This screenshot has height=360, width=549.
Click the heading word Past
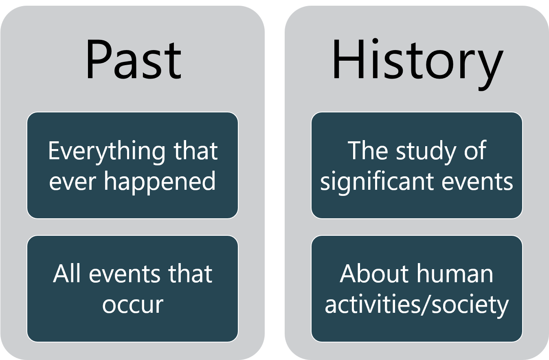[134, 59]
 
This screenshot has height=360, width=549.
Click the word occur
[133, 305]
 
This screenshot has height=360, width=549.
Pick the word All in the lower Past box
[67, 274]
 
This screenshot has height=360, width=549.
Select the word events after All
[125, 275]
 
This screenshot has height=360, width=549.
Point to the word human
[455, 274]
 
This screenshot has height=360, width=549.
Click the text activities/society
[417, 305]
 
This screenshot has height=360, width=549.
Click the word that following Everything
[195, 150]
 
